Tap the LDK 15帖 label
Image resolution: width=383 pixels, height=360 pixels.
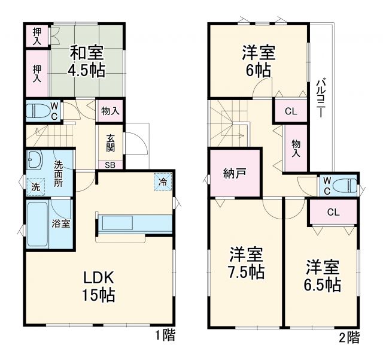[x=99, y=286]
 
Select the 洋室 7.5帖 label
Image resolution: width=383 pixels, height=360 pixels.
[x=246, y=263]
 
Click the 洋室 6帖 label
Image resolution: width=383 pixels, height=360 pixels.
[x=259, y=60]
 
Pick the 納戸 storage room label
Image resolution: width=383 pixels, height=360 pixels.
[x=234, y=174]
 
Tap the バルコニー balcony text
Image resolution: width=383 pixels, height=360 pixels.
[x=321, y=99]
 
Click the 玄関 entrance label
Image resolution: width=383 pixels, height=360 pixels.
[x=111, y=143]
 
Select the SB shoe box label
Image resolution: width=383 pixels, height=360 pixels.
[x=111, y=165]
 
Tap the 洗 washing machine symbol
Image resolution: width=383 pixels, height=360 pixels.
[x=35, y=187]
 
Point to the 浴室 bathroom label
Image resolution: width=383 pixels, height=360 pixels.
[x=60, y=224]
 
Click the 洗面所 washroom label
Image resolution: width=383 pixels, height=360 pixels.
[x=59, y=174]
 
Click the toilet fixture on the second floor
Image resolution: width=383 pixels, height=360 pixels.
[x=346, y=186]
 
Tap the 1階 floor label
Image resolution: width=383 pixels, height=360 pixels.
[x=165, y=335]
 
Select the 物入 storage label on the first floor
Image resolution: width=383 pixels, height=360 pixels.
[x=110, y=111]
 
